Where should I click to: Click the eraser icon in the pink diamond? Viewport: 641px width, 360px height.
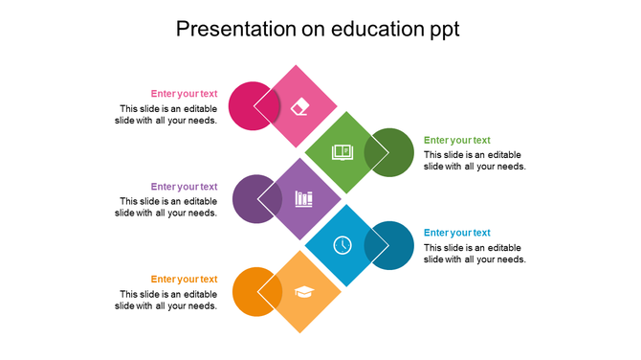coord(300,105)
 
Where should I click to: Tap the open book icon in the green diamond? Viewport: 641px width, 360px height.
coord(342,152)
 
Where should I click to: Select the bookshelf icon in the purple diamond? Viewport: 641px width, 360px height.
coord(303,199)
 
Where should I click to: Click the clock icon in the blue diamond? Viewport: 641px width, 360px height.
coord(343,245)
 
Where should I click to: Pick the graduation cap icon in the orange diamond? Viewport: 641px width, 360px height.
coord(303,292)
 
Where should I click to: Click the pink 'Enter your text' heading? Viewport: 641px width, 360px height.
coord(184,94)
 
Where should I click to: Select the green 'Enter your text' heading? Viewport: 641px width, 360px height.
coord(456,140)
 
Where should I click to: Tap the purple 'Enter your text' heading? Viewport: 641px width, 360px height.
coord(184,187)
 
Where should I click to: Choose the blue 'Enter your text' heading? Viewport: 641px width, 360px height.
coord(456,233)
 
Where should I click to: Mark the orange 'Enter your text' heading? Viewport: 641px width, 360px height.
coord(184,280)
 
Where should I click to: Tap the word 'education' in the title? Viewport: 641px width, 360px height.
coord(376,30)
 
